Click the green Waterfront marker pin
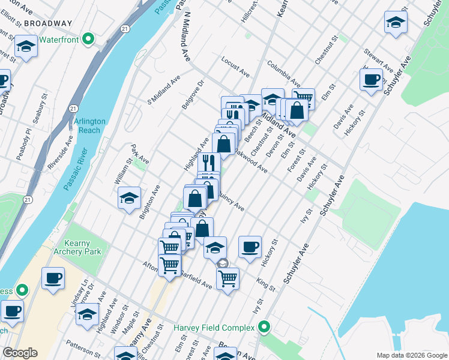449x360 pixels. pos(88,40)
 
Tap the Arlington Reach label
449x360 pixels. pos(90,125)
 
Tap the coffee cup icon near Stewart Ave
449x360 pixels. pos(372,79)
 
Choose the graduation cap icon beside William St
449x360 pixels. pos(129,200)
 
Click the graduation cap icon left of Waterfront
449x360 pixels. pos(26,47)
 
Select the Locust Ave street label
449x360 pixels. pos(235,67)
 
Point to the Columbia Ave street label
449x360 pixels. pos(283,73)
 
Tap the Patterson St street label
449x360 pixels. pos(83,347)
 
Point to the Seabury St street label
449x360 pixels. pos(40,108)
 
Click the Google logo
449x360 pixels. pos(20,353)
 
